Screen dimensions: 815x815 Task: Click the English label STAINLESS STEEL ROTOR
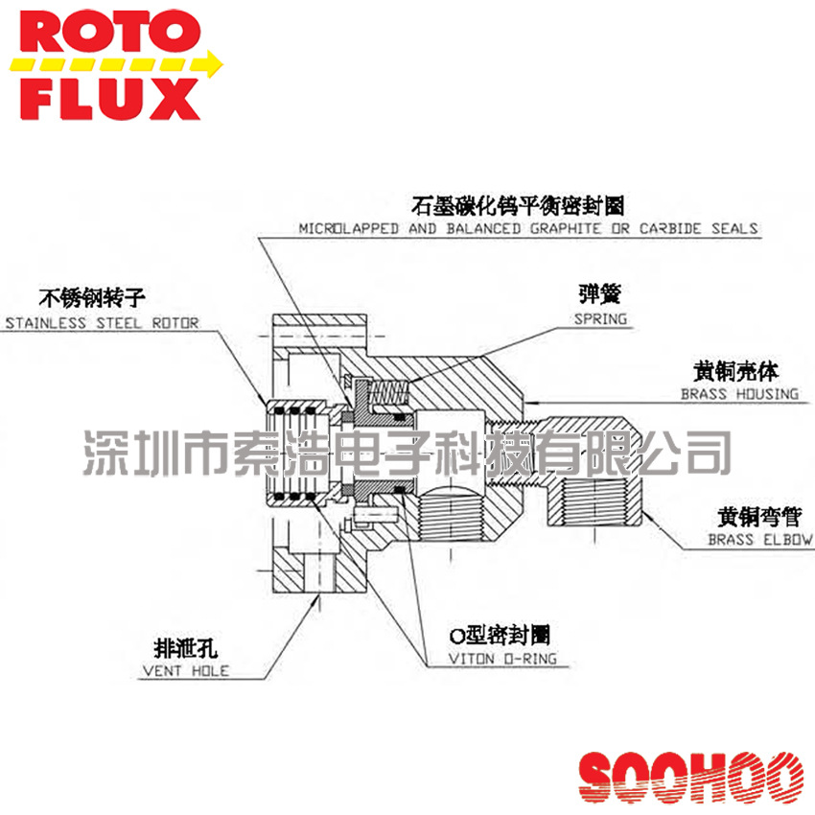tap(102, 323)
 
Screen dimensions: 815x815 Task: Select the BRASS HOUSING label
tap(738, 394)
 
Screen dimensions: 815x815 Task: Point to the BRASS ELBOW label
tap(759, 540)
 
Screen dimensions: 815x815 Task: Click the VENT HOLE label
tap(185, 670)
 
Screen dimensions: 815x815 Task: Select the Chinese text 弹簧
tap(599, 292)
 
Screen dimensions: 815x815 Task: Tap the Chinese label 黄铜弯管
tap(758, 518)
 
